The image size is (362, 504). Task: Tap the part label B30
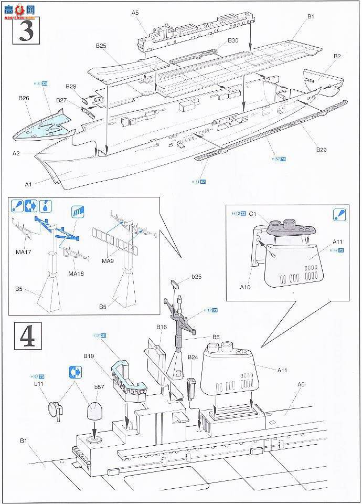pos(233,40)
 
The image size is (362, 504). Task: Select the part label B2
pos(337,56)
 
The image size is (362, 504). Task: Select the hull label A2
pos(17,153)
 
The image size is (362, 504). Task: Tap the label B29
pos(321,150)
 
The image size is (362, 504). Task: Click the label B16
pos(162,327)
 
